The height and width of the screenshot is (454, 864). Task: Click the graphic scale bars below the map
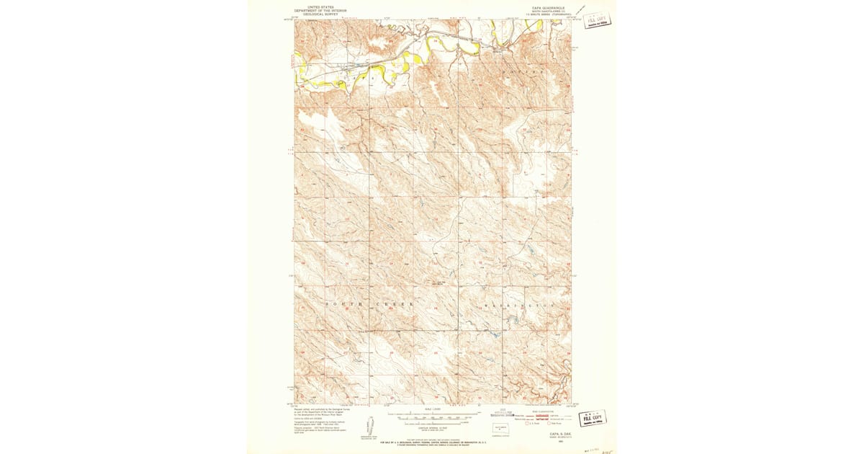tap(432, 416)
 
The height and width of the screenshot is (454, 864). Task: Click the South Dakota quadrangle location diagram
tap(498, 427)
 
